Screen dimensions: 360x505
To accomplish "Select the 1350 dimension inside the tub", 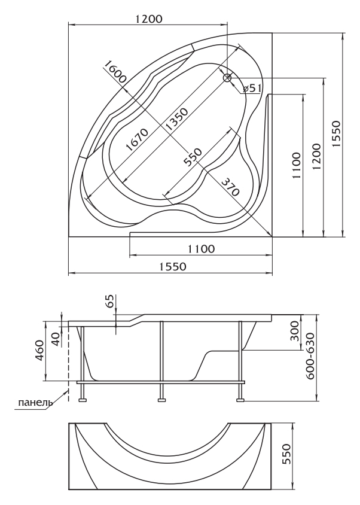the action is pos(176,120).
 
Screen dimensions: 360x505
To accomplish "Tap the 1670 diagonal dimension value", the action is pos(136,139).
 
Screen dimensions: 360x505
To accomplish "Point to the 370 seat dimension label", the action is pos(230,187).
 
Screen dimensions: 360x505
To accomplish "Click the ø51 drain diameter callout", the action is pos(252,88).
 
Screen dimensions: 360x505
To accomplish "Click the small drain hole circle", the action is pos(228,78).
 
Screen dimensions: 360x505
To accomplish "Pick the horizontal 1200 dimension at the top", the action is pos(148,19).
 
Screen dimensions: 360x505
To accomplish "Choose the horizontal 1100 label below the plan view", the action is pos(201,249).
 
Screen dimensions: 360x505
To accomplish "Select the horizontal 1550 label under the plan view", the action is pos(173,267).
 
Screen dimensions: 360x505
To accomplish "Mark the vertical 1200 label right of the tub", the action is pos(317,157).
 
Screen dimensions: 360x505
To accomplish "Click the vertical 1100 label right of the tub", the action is pos(297,166).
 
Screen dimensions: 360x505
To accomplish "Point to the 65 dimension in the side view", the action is pos(110,302).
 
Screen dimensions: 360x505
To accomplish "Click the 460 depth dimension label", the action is pos(39,351).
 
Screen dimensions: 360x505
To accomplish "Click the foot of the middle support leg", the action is pos(161,400).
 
